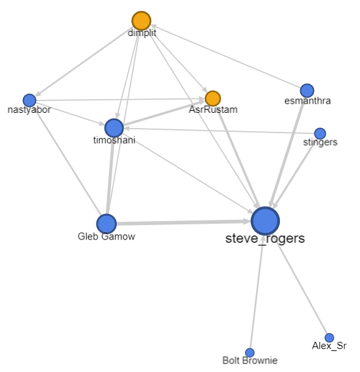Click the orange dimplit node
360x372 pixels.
(x=141, y=21)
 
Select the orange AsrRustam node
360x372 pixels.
(x=213, y=98)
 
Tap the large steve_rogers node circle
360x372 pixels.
(x=265, y=221)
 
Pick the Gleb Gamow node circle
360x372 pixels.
(x=106, y=224)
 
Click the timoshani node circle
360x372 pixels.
(x=114, y=128)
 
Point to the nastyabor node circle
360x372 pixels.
(x=29, y=100)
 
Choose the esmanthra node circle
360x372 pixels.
(x=307, y=91)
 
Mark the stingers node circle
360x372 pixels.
(x=320, y=133)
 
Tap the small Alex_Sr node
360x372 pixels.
(x=329, y=338)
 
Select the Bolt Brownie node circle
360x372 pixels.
(x=250, y=353)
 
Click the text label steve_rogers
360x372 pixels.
(x=265, y=238)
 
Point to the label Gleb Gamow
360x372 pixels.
(x=106, y=237)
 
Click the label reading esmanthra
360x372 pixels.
(x=307, y=101)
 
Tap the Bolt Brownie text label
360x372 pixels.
(x=250, y=360)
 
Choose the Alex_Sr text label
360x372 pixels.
(x=329, y=346)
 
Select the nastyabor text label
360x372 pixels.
(x=29, y=110)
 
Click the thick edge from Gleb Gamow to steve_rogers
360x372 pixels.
(x=184, y=222)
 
